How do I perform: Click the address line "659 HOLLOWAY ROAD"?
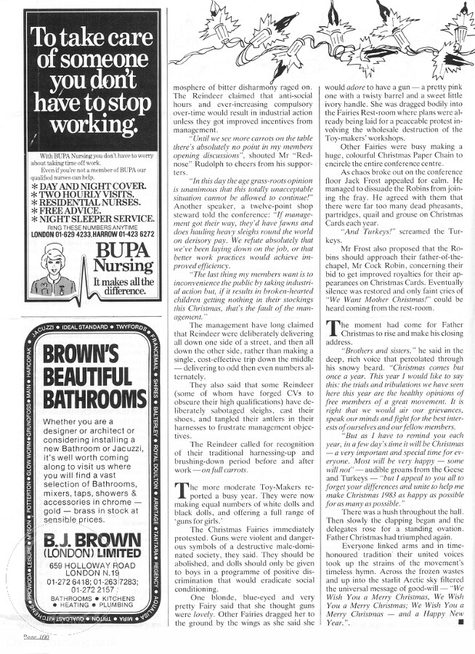point(90,566)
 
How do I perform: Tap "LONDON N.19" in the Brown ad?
point(90,576)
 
